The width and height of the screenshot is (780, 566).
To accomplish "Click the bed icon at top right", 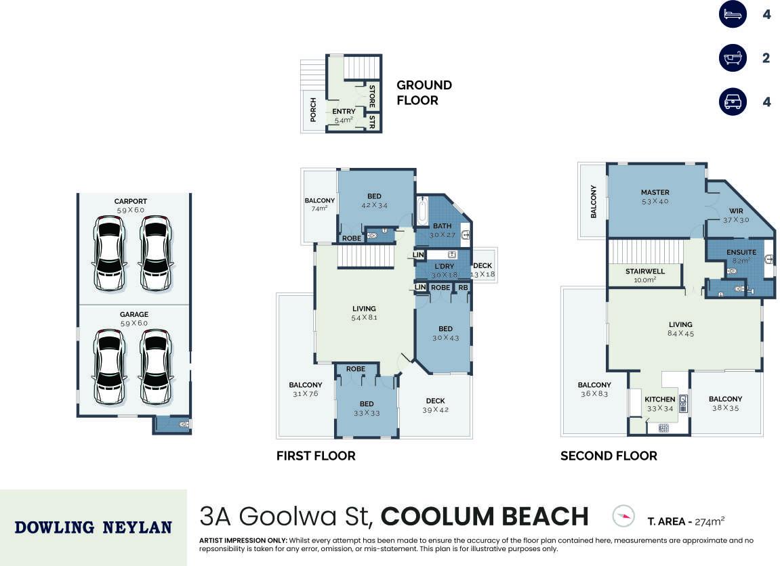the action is tap(733, 14).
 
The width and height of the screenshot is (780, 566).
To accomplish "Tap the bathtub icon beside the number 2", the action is tap(733, 58).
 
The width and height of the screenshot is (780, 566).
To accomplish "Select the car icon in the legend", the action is tap(733, 102).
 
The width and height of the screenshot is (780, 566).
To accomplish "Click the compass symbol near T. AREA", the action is tap(623, 516).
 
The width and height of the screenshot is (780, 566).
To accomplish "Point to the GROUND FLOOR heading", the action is tap(424, 93).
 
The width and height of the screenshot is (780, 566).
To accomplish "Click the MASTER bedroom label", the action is tap(655, 192).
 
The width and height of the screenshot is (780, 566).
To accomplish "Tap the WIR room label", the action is tap(736, 211).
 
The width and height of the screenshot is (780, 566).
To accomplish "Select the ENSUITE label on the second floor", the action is tap(741, 252).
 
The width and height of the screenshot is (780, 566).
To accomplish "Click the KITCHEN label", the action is tap(659, 399).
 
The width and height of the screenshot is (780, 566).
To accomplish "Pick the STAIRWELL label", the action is tap(645, 271).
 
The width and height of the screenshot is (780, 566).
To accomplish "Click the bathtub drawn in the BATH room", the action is tap(422, 212).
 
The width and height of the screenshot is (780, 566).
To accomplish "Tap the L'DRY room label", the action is tap(444, 266).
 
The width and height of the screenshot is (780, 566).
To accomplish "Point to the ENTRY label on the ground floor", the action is tap(344, 111).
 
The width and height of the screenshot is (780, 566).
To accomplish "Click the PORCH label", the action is tap(313, 110).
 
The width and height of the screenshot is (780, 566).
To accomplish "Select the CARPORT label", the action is tap(130, 201).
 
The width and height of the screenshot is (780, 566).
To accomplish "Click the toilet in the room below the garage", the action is tap(184, 424).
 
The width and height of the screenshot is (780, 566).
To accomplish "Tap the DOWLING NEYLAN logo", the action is tap(93, 527).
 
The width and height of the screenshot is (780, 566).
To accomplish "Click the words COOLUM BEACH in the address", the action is tap(485, 517).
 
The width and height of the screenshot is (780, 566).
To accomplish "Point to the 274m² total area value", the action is tap(710, 521).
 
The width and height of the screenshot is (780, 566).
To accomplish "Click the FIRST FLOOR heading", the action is tap(316, 456).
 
